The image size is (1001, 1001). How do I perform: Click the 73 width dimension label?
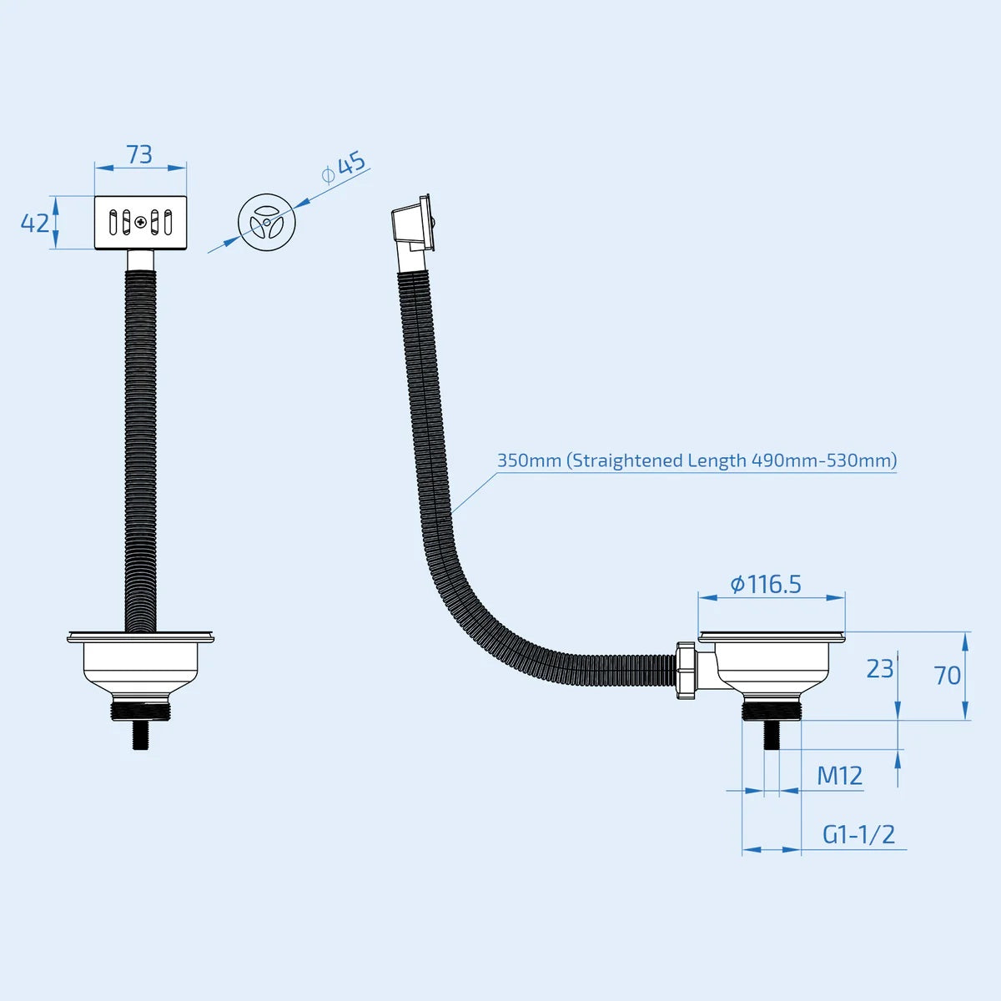coord(139,154)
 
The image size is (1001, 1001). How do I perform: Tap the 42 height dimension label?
coord(35,223)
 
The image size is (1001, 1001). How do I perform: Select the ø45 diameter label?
coord(344,168)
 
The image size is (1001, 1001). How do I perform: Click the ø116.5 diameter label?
coord(766,585)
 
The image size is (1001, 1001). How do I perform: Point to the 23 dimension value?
coord(879,669)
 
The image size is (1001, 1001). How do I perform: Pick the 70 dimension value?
coord(947,676)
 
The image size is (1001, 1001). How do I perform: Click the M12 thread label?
coord(839,777)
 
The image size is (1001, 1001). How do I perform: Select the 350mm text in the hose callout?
coord(530,460)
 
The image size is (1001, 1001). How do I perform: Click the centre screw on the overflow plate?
coord(140,223)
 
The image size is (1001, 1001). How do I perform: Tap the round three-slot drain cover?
coord(266,223)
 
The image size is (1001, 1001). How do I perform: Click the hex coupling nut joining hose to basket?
coord(687,670)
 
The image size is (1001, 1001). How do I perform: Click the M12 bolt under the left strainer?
coord(140,735)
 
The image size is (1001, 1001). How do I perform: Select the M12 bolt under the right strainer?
coord(772,735)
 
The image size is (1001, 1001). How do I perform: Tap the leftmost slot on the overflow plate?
coord(113,223)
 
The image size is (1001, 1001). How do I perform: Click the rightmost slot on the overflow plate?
coord(168,223)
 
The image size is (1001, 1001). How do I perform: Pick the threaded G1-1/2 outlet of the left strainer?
coord(140,711)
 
